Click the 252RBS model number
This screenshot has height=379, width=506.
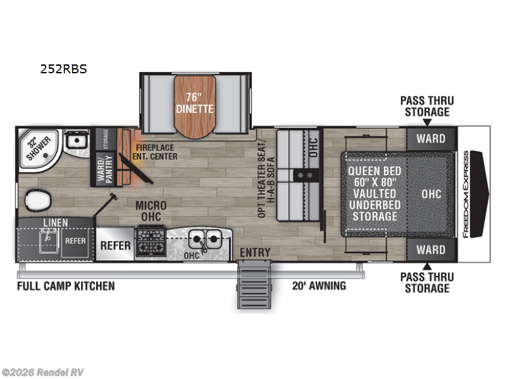64,69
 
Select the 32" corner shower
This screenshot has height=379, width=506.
39,149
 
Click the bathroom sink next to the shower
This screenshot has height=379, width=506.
77,140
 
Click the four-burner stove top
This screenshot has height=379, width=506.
151,241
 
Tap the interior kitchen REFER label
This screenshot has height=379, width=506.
115,246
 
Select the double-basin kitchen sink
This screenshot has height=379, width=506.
204,239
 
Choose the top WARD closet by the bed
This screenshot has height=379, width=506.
431,139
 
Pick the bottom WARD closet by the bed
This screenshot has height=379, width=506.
431,250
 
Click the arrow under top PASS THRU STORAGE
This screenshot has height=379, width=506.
428,123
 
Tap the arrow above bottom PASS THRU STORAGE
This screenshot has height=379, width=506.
428,266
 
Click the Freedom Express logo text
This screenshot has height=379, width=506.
466,195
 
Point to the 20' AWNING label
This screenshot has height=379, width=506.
319,286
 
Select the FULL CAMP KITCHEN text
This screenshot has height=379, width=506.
66,286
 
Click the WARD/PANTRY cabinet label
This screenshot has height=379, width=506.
106,169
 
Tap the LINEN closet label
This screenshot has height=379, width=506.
56,223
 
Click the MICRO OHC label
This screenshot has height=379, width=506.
151,211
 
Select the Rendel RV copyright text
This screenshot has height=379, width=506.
42,373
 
